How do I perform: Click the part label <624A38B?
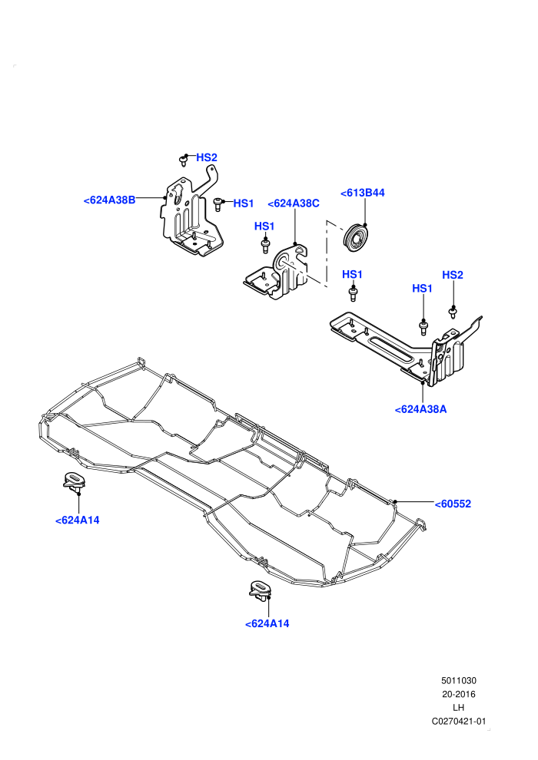tap(110, 200)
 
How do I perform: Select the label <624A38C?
tap(294, 203)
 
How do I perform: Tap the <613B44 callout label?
tap(363, 193)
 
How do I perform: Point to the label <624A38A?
tap(420, 409)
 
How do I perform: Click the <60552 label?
tap(453, 504)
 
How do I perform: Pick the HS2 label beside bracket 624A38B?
tap(207, 157)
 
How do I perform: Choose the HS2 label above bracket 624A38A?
tap(453, 275)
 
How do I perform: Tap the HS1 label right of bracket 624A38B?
tap(244, 203)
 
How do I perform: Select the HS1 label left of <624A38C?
tap(264, 226)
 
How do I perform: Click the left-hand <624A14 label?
tap(77, 520)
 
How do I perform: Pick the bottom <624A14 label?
tap(267, 624)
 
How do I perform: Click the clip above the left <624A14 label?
tap(74, 482)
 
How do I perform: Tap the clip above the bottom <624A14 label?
tap(260, 590)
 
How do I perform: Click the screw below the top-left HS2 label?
tap(184, 160)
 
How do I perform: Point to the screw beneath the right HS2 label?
tap(453, 313)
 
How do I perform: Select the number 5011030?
tap(458, 680)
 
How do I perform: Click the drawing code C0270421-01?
tap(458, 721)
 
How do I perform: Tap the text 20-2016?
tap(458, 694)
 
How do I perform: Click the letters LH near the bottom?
tap(458, 708)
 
